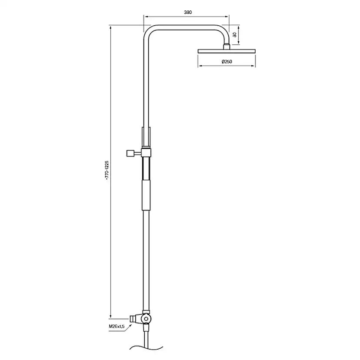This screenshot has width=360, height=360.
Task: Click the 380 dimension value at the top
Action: [188, 13]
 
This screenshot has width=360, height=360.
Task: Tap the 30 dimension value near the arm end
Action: [235, 35]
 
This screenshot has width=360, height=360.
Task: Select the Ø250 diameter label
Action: [227, 62]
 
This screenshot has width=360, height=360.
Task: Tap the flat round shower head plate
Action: [227, 51]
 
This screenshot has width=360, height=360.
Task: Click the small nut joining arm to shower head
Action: [227, 46]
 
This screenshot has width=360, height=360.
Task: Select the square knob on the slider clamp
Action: [129, 153]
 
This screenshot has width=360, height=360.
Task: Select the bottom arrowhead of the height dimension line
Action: [111, 316]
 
